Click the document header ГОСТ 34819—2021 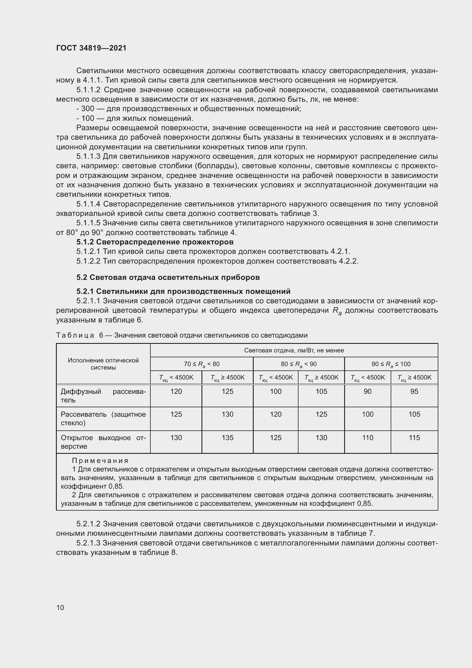click(91, 48)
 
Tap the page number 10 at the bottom click(60, 607)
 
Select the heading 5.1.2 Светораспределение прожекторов click(155, 242)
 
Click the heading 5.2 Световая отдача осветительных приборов click(168, 277)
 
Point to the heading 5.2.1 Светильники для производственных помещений click(183, 291)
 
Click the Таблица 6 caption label click(75, 335)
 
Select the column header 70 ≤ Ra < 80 click(202, 364)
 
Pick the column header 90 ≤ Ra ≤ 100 click(391, 364)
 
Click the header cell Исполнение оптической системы click(103, 364)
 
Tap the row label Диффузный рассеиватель click(103, 396)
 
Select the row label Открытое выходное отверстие click(103, 442)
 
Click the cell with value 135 click(227, 438)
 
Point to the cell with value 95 click(414, 392)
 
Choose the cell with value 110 click(367, 438)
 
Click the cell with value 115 click(414, 438)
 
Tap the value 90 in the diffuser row click(367, 392)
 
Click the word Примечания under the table click(100, 461)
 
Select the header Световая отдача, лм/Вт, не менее click(294, 350)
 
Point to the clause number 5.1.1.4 click(88, 204)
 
